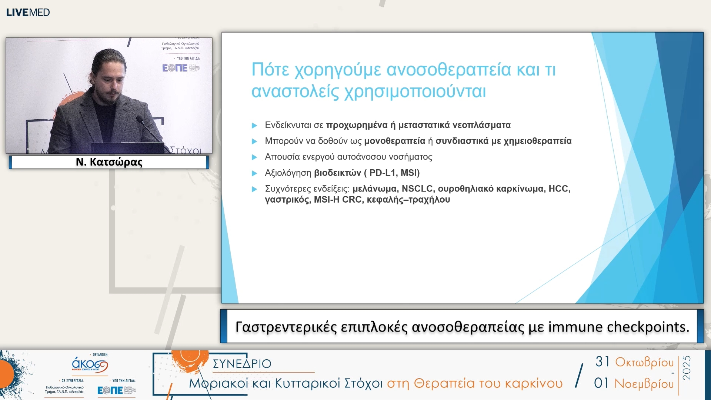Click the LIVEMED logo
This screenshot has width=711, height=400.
coord(28,12)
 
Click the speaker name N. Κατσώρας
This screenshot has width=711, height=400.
coord(109,162)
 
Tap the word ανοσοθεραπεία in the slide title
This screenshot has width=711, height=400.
coord(448,70)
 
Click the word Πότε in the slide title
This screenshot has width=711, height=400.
coord(270,70)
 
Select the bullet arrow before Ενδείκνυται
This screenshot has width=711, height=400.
coord(254,126)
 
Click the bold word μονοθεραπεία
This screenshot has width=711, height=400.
coord(395,141)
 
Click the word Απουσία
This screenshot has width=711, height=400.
coord(282,157)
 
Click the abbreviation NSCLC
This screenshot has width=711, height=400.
coord(417,189)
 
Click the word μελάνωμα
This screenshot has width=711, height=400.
coord(374,189)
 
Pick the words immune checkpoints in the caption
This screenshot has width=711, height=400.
coord(618,327)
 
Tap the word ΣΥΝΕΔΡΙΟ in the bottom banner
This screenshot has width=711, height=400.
coord(242,364)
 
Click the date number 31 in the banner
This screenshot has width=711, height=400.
coord(602,361)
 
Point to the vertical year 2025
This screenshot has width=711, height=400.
coord(687,367)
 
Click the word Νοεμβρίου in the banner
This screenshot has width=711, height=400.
coord(644,384)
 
